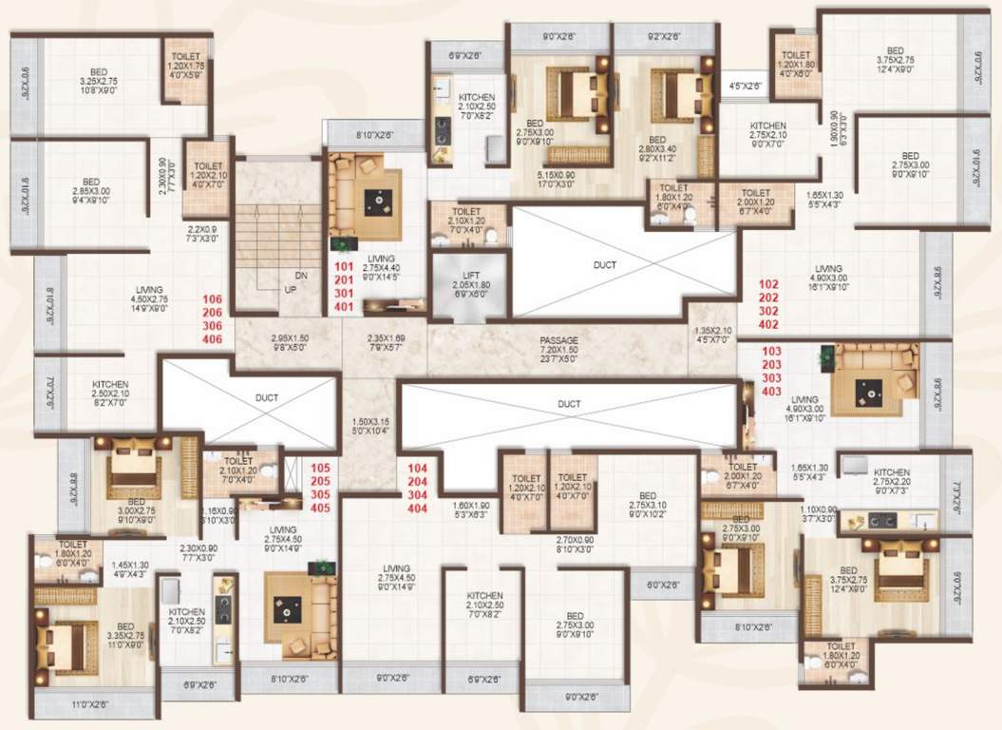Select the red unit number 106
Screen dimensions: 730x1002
(213, 299)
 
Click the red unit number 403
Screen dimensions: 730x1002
(772, 391)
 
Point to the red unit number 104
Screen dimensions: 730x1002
(417, 469)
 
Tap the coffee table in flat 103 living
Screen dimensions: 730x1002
(867, 389)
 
